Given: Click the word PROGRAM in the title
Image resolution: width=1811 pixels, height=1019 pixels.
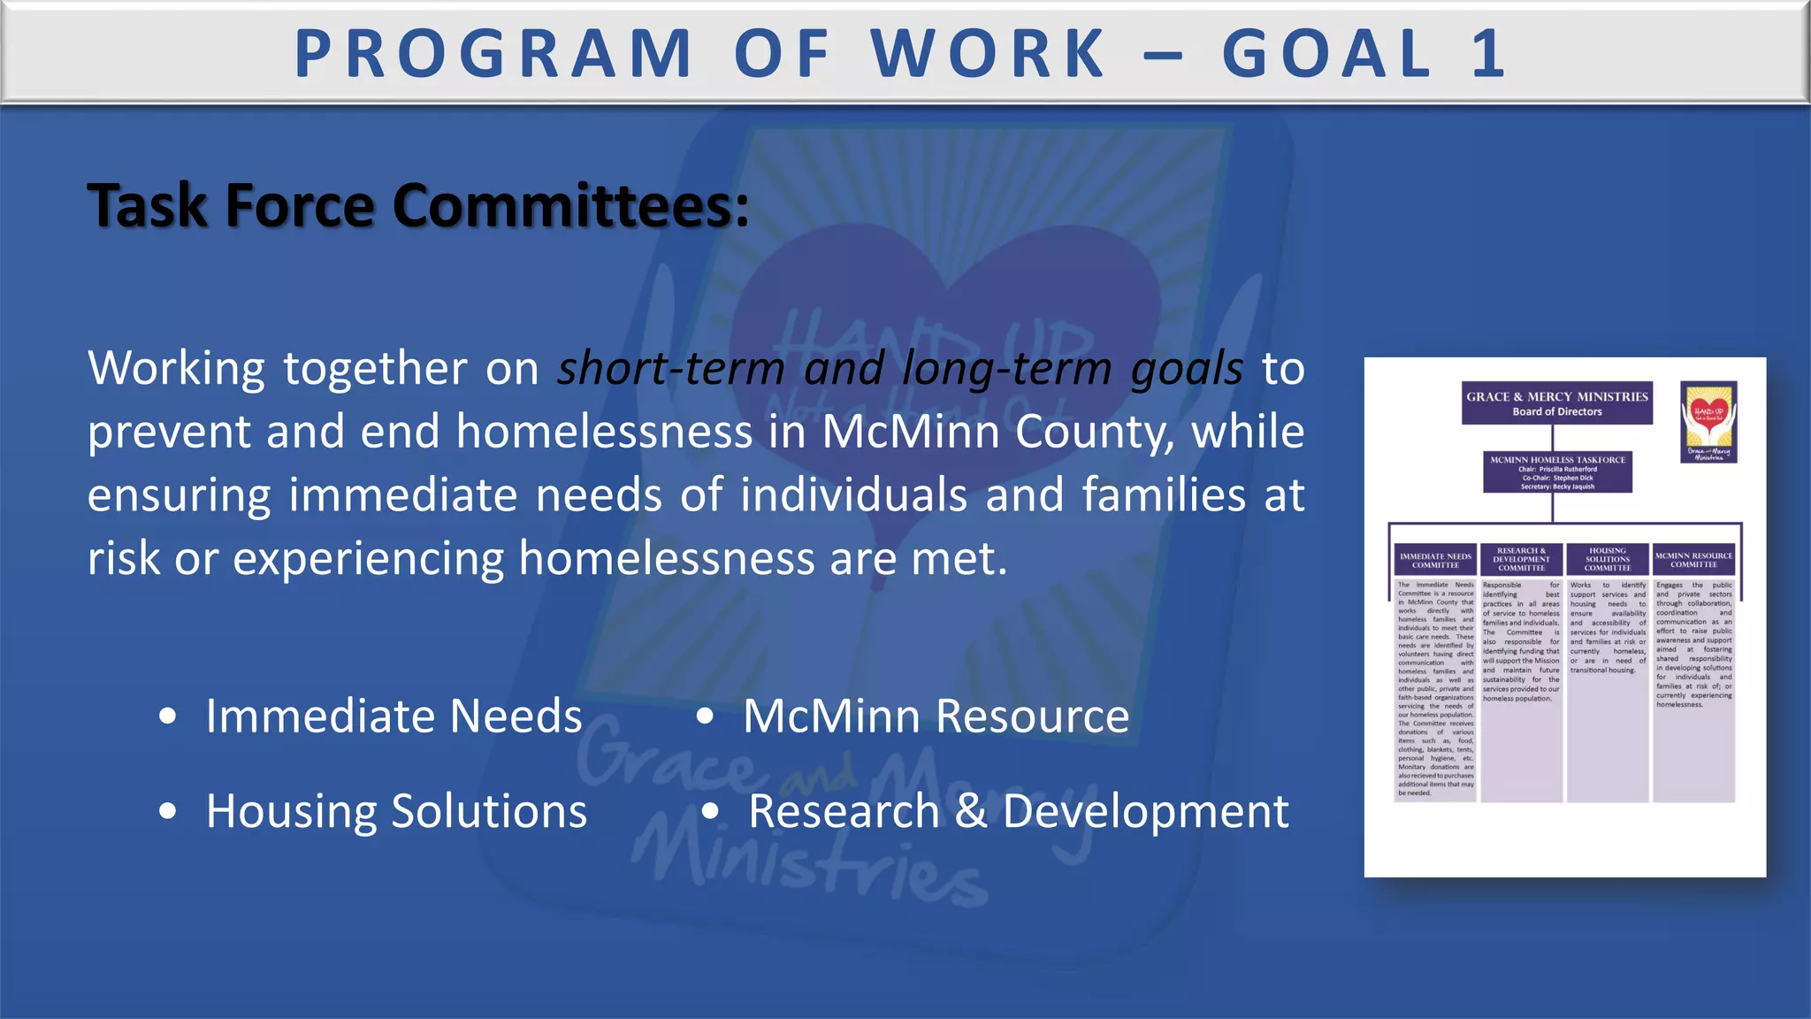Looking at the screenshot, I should click(x=493, y=54).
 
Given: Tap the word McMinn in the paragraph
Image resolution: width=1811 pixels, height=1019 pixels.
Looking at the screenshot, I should click(x=908, y=432).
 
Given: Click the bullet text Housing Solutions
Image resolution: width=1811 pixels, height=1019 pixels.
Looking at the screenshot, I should click(x=396, y=811).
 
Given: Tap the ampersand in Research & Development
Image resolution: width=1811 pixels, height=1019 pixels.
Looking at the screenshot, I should click(x=971, y=811).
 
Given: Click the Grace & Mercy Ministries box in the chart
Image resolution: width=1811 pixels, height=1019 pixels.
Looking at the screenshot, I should click(x=1556, y=403).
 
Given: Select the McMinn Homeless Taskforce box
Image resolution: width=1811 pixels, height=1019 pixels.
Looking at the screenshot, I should click(x=1557, y=472).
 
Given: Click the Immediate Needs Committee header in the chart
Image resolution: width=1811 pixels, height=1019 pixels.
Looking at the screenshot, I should click(x=1435, y=560).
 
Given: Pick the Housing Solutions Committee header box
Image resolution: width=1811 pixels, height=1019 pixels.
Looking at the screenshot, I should click(x=1607, y=559).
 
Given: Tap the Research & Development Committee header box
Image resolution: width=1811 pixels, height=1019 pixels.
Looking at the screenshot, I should click(x=1521, y=559).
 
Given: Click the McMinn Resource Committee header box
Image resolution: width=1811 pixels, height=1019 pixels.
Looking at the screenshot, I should click(x=1693, y=560).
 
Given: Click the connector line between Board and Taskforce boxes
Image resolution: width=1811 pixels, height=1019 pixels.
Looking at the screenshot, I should click(x=1554, y=438).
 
